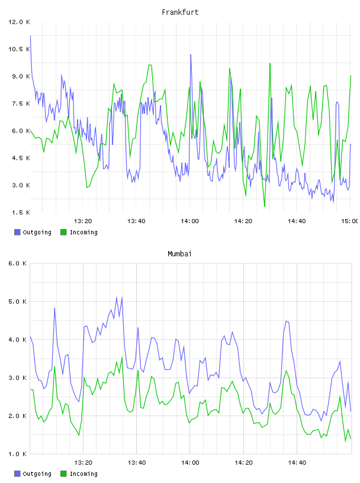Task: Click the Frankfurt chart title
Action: tap(180, 12)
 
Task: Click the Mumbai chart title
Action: tap(179, 254)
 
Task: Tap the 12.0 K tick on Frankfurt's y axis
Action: tap(19, 22)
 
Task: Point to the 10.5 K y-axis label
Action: tap(19, 49)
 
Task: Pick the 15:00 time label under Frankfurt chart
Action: tap(349, 221)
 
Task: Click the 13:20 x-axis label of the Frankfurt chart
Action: tap(83, 221)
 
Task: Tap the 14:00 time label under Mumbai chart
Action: tap(190, 463)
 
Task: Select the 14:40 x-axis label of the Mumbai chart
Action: tap(297, 463)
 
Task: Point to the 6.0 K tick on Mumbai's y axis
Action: tap(18, 263)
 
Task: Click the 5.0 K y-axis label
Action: tap(18, 302)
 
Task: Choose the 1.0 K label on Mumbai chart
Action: tap(18, 454)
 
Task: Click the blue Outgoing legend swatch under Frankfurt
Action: tap(17, 232)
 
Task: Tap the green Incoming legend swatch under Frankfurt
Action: tap(63, 232)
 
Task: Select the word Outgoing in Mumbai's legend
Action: tap(37, 474)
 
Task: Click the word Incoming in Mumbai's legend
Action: tap(83, 474)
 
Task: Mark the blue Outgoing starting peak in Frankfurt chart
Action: tap(30, 36)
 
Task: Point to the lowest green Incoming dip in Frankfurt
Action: tap(265, 206)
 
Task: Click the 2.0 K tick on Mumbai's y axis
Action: tap(18, 416)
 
